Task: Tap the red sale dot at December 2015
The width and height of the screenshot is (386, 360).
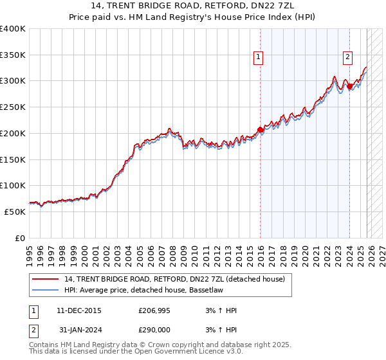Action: (260, 130)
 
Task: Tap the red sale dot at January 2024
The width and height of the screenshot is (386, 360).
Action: (349, 85)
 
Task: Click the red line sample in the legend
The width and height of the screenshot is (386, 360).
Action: (45, 278)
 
